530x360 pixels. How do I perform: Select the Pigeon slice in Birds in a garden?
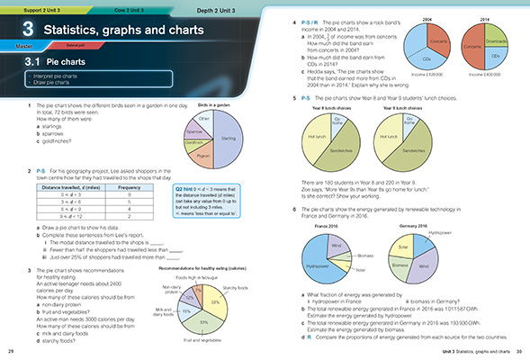click(202, 154)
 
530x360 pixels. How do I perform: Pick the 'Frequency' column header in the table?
click(130, 186)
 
